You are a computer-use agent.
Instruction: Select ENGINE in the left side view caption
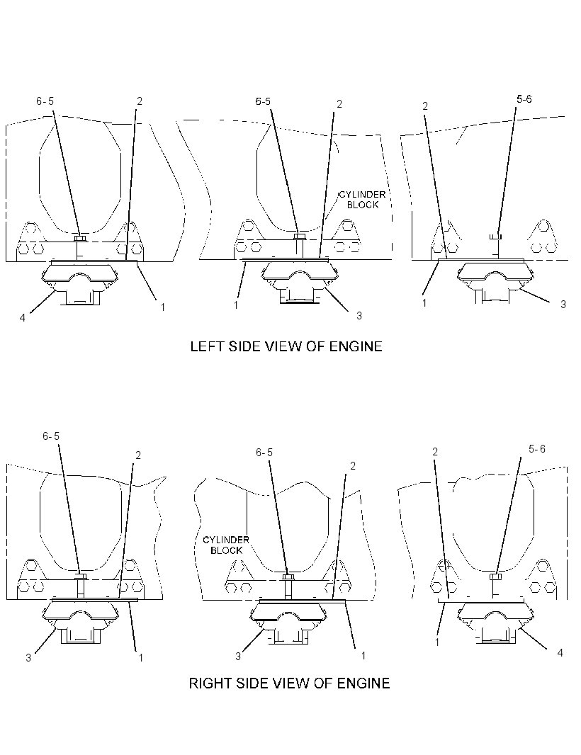point(356,346)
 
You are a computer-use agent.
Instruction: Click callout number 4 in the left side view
point(22,318)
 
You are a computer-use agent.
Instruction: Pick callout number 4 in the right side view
point(560,653)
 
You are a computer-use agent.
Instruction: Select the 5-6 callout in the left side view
point(524,99)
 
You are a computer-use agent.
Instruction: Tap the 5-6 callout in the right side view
point(536,449)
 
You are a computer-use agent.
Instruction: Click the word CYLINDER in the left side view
point(362,195)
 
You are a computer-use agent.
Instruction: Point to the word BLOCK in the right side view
point(226,550)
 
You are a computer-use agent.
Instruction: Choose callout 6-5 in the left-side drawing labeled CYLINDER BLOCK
point(263,101)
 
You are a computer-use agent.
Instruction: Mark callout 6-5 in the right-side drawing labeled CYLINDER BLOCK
point(264,453)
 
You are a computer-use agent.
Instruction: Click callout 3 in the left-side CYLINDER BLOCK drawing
point(359,316)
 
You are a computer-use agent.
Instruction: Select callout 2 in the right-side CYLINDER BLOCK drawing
point(353,466)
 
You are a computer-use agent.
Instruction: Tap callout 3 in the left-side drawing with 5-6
point(563,305)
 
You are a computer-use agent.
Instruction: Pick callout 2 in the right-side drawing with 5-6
point(435,452)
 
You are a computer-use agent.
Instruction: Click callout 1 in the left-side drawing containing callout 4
point(163,307)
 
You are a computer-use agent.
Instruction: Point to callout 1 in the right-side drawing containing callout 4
point(437,642)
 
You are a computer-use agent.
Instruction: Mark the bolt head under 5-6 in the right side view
point(496,576)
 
